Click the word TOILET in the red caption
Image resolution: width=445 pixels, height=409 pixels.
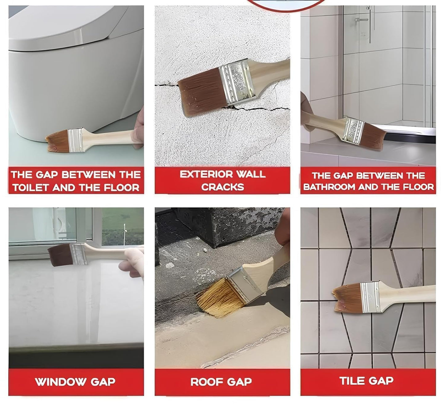pyautogui.click(x=30, y=188)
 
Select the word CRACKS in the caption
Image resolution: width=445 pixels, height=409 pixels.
pyautogui.click(x=222, y=187)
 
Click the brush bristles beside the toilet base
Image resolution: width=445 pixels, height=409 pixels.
pyautogui.click(x=57, y=141)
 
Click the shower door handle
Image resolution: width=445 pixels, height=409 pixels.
pyautogui.click(x=361, y=20)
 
